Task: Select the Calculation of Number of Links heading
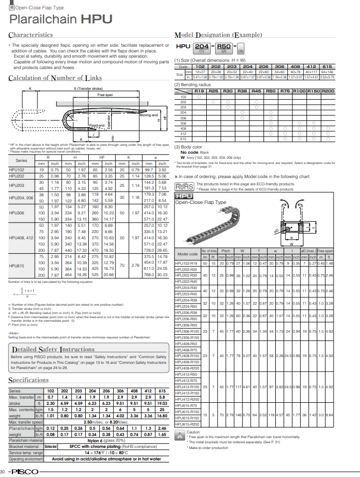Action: pyautogui.click(x=56, y=78)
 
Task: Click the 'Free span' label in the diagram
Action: pyautogui.click(x=105, y=96)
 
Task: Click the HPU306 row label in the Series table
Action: pyautogui.click(x=17, y=213)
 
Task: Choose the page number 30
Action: pyautogui.click(x=3, y=471)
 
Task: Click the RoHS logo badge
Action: pyautogui.click(x=184, y=186)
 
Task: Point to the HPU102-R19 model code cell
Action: pyautogui.click(x=187, y=264)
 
